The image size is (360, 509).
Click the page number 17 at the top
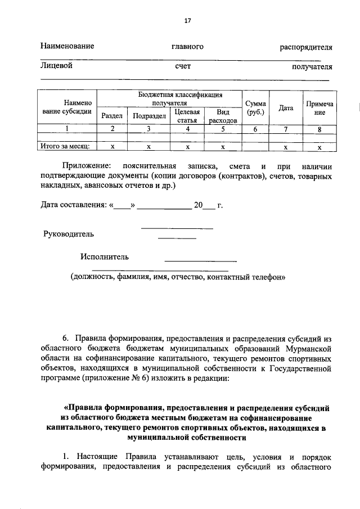click(x=188, y=21)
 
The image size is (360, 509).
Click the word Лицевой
click(x=56, y=66)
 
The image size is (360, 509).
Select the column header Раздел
click(x=111, y=116)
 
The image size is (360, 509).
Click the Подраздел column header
click(x=149, y=116)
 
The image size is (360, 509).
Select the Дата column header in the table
click(x=286, y=107)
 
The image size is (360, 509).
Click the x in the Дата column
click(x=286, y=146)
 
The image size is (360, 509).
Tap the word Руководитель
click(x=69, y=233)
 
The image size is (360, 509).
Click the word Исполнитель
click(x=104, y=257)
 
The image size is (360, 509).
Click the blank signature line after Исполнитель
click(x=200, y=260)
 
